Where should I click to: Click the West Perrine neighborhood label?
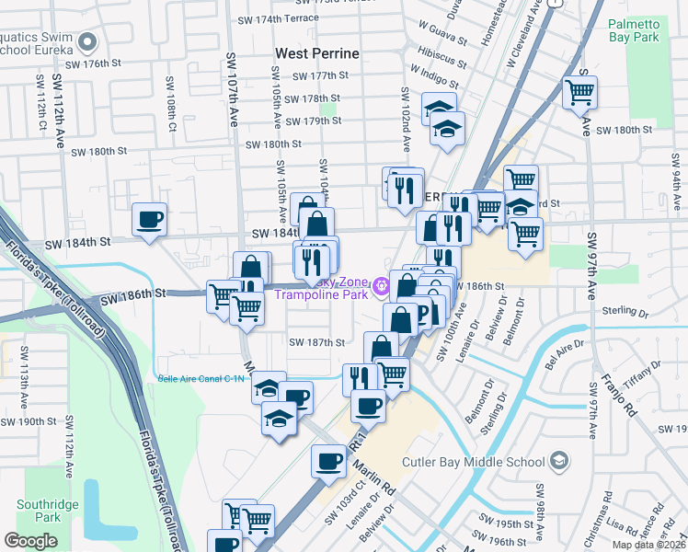(x=316, y=53)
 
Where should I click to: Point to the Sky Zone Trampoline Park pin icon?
(x=384, y=288)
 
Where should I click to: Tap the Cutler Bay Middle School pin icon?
(x=558, y=460)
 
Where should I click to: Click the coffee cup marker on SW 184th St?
(x=149, y=220)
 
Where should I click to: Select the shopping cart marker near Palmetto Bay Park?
(x=579, y=92)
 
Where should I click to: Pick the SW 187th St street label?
(x=316, y=342)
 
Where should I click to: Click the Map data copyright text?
(x=650, y=545)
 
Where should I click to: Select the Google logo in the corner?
(x=31, y=541)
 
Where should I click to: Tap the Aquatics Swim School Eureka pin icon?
(x=88, y=41)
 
